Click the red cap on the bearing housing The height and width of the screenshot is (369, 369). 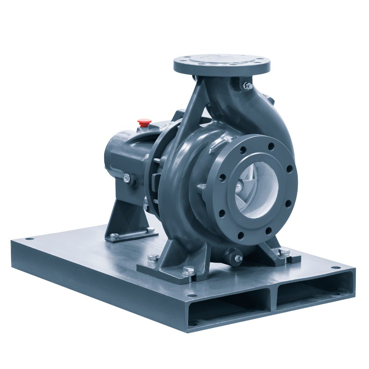click(144, 121)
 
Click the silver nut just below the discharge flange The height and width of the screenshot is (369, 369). click(247, 86)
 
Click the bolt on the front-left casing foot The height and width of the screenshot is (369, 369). click(188, 271)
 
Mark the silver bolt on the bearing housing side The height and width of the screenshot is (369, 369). click(126, 177)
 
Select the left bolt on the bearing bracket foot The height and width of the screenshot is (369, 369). click(115, 235)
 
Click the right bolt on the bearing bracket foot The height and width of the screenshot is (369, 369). click(149, 230)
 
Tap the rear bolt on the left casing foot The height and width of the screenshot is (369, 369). click(151, 257)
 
